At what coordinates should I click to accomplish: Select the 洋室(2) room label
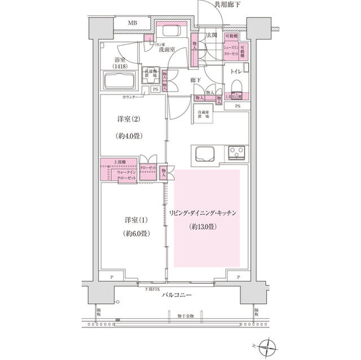pyautogui.click(x=127, y=119)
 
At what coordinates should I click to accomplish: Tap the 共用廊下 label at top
pyautogui.click(x=226, y=5)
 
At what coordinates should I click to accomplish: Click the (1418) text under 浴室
pyautogui.click(x=120, y=66)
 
